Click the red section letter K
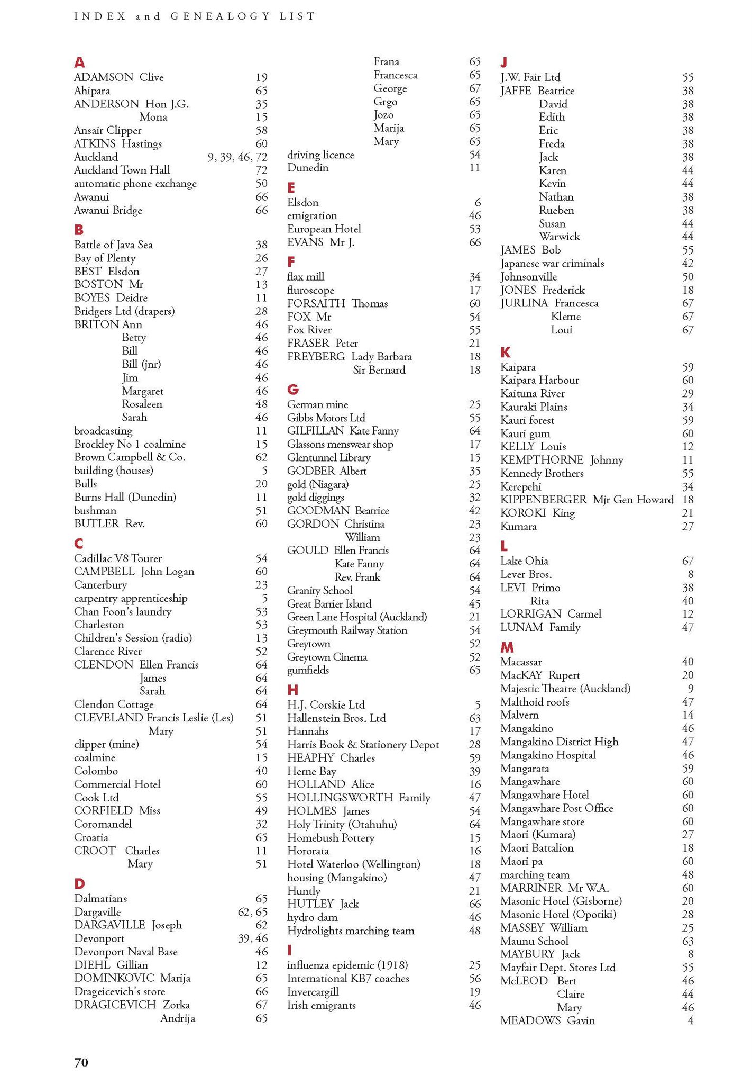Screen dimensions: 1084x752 [x=506, y=352]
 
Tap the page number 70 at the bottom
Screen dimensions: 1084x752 [x=81, y=1062]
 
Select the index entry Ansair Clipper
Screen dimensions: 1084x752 [x=108, y=131]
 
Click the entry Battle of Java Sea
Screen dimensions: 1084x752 [x=113, y=245]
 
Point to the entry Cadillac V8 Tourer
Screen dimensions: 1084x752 [x=118, y=558]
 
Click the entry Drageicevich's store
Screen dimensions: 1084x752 [x=120, y=991]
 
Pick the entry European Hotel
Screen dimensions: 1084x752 [x=324, y=229]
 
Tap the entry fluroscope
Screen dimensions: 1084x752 [x=311, y=290]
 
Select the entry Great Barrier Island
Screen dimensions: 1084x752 [x=329, y=603]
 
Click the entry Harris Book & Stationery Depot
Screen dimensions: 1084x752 [x=363, y=745]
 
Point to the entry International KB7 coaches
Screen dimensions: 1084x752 [x=349, y=978]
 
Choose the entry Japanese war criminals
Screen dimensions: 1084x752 [x=552, y=264]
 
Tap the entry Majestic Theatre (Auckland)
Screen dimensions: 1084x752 [x=565, y=689]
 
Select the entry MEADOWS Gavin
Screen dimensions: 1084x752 [x=548, y=1020]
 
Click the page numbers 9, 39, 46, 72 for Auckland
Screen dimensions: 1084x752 [x=237, y=157]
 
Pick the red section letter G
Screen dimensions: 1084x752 [x=293, y=390]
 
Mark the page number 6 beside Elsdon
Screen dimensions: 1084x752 [x=478, y=203]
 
